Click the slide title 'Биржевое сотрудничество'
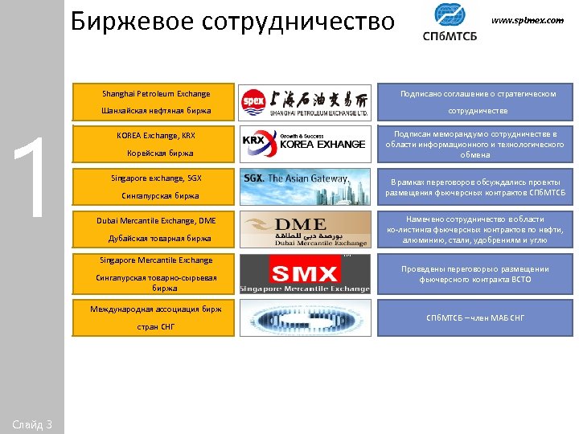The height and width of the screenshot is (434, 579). (232, 22)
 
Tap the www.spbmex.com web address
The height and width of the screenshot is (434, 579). (527, 20)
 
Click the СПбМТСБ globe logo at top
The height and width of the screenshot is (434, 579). (448, 21)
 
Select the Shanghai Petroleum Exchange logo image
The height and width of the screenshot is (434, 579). (305, 102)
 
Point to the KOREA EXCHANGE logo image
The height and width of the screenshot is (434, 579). (305, 144)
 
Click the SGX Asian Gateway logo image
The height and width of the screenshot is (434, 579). (305, 186)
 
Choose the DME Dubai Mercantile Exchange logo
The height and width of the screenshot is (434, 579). (305, 229)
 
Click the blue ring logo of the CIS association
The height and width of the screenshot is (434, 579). (305, 317)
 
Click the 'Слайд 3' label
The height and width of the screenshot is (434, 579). (32, 424)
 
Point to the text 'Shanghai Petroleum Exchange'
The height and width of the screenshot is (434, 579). (156, 94)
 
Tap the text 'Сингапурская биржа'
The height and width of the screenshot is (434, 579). (155, 195)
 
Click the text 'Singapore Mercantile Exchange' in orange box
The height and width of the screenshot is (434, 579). (156, 260)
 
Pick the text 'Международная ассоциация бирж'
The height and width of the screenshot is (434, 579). (156, 309)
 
